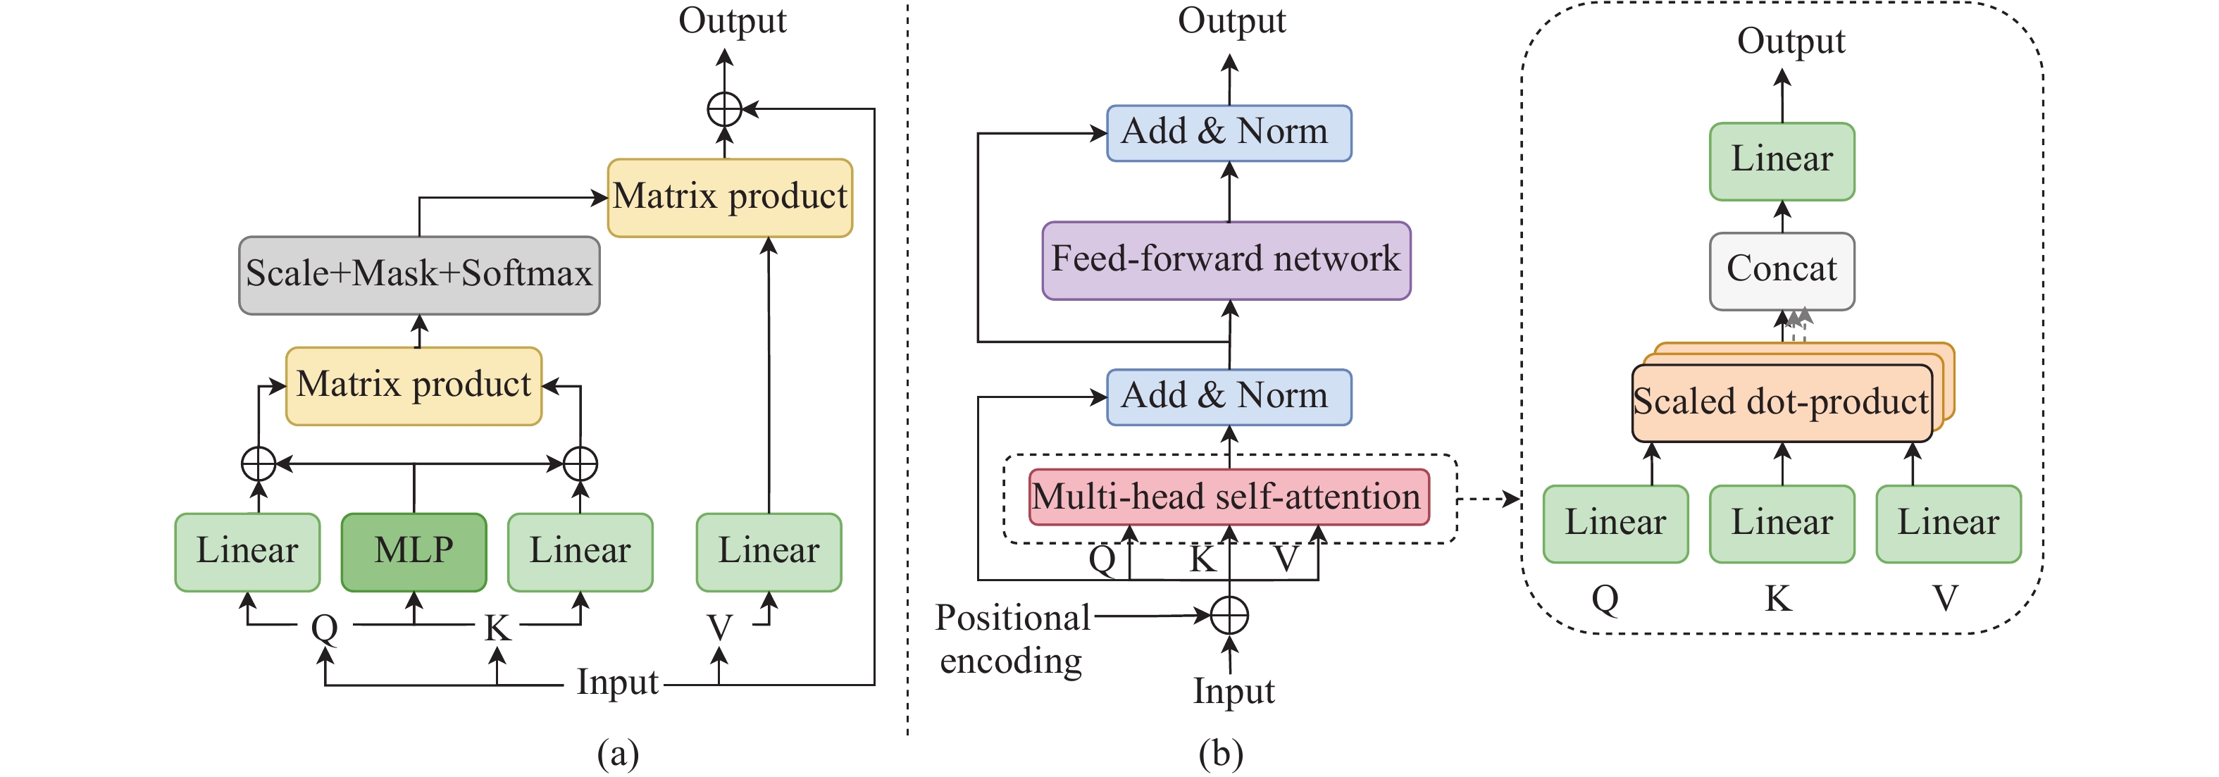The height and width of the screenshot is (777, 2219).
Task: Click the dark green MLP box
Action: (414, 552)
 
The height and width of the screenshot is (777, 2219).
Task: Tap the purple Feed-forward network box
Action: (1226, 260)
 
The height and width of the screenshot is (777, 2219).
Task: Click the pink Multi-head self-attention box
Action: (1229, 497)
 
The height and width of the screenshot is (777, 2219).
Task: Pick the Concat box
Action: (1782, 271)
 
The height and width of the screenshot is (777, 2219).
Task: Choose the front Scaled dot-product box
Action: (1782, 403)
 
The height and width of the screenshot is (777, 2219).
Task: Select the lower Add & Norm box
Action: (1229, 397)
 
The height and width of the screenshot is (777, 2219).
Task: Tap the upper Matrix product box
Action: (730, 197)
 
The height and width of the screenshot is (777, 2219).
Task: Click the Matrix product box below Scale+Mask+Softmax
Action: (414, 386)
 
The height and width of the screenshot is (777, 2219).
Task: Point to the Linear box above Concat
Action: (1782, 161)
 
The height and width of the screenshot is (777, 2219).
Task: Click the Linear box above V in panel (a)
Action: (769, 552)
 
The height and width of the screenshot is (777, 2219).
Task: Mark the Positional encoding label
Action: (1012, 639)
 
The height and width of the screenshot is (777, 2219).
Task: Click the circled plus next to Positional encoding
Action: (1229, 615)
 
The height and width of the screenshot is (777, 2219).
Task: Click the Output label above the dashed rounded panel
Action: (1791, 42)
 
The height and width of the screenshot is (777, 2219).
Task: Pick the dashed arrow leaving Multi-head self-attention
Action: (1488, 498)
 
